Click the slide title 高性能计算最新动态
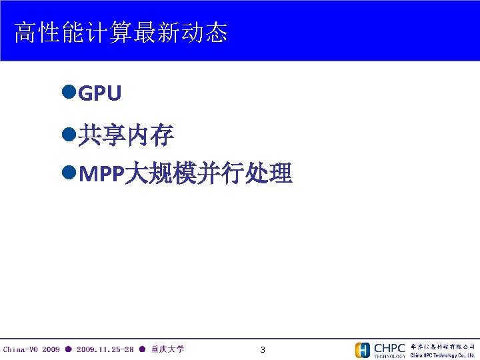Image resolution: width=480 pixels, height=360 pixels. (121, 32)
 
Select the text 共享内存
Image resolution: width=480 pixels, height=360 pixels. (126, 136)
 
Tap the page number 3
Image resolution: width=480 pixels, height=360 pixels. (263, 349)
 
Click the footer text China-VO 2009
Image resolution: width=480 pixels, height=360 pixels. (31, 349)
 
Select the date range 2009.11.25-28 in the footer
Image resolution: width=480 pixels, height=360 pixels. (106, 349)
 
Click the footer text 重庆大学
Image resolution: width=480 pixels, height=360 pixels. (167, 349)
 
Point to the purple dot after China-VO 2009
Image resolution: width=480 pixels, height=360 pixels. (68, 349)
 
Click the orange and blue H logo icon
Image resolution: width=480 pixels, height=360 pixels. (362, 349)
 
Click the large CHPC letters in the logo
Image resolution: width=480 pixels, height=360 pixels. (389, 347)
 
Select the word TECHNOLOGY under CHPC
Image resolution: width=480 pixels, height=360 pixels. (389, 355)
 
